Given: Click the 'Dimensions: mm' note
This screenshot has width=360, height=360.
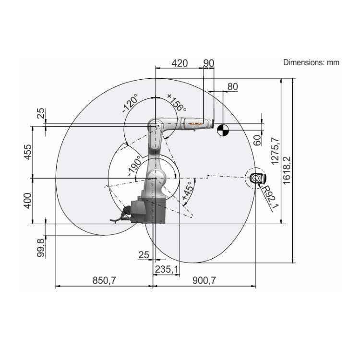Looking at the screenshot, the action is [x=311, y=62].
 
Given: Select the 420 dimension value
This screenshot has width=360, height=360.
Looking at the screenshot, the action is [x=180, y=63].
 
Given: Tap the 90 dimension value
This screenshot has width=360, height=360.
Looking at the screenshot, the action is [x=209, y=63].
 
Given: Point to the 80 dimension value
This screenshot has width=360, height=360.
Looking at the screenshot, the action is [x=233, y=86].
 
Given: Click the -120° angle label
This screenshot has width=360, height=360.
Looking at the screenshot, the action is [x=130, y=103].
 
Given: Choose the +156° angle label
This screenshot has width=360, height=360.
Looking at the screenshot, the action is [x=177, y=102].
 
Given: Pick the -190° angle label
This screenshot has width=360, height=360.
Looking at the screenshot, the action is [x=134, y=166].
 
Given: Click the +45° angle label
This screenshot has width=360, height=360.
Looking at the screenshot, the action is [x=187, y=191].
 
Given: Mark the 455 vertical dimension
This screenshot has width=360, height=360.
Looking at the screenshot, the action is [x=28, y=152].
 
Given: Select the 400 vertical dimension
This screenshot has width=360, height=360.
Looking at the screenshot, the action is [x=28, y=201].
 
